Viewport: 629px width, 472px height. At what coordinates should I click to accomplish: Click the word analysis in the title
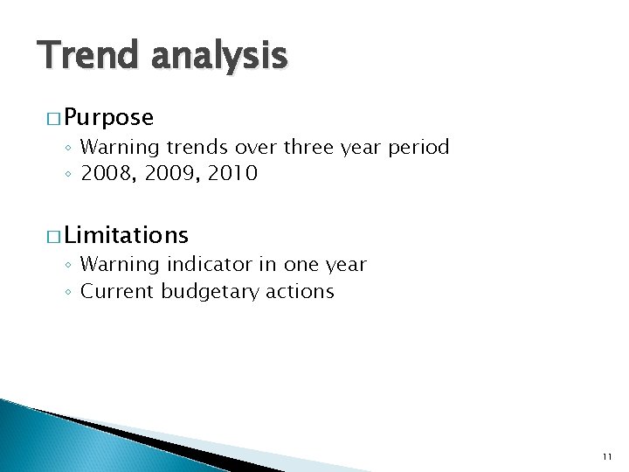(218, 56)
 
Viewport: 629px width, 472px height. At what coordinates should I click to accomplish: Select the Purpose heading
(108, 117)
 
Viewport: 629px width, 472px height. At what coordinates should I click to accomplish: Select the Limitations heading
(126, 234)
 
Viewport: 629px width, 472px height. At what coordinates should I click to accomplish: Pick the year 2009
(166, 174)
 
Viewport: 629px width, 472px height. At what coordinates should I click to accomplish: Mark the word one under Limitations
(298, 264)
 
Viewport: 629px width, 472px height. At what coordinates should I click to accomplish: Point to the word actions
(299, 291)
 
